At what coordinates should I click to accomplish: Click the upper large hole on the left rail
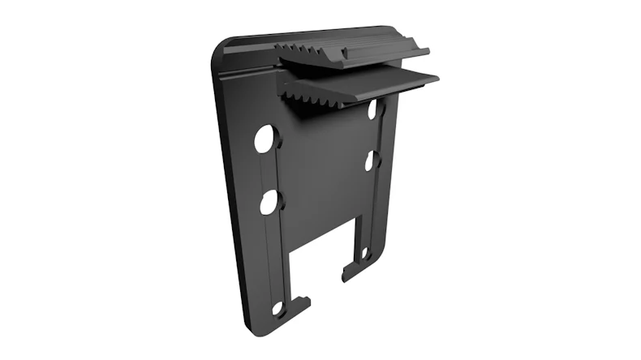[265, 139]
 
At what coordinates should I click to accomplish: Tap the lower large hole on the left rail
[269, 201]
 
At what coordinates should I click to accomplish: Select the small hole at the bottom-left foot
[277, 309]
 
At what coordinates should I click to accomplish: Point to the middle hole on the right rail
[371, 161]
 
